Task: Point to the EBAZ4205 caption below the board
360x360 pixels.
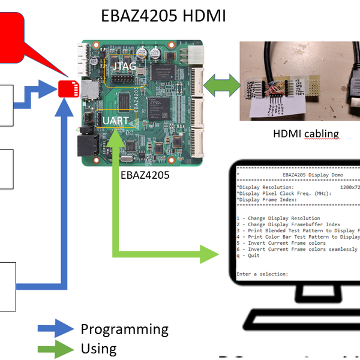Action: (145, 175)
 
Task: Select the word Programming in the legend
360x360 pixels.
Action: (124, 329)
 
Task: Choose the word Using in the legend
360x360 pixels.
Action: (98, 349)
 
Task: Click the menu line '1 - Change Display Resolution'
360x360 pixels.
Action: (278, 218)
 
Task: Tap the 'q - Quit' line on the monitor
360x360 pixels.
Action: (248, 255)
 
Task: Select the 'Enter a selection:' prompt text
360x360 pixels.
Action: (263, 274)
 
